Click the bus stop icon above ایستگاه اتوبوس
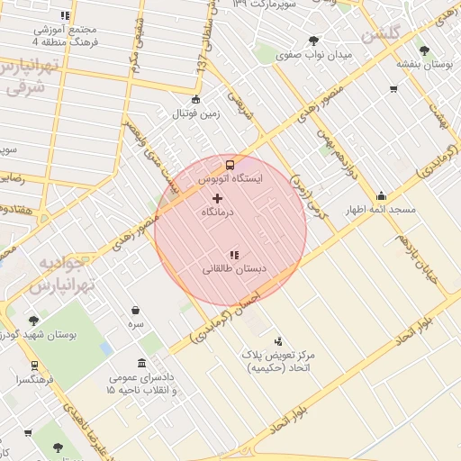[x=230, y=165]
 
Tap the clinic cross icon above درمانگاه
[x=216, y=196]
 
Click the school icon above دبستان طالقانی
[x=235, y=255]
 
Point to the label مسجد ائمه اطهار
[x=381, y=210]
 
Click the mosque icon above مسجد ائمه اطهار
[x=381, y=195]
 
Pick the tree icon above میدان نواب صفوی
[x=313, y=40]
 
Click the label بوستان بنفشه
[x=424, y=65]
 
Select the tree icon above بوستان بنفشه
[x=425, y=50]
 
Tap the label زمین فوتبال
[x=196, y=114]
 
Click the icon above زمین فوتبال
[x=196, y=100]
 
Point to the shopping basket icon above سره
[x=135, y=310]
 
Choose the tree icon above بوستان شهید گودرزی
[x=33, y=320]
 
